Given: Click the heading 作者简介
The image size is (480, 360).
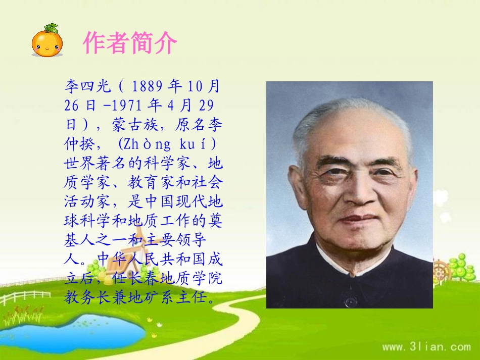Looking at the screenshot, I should coord(130,43).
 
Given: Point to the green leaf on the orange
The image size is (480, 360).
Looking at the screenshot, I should coord(51,28).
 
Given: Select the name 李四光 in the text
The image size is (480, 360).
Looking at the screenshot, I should coord(87,86).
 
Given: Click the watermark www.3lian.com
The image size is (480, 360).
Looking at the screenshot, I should coord(426,347).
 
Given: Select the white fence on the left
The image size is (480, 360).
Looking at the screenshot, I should coord(23,297).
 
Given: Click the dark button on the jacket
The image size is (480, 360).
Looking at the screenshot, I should coord(350,301).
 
